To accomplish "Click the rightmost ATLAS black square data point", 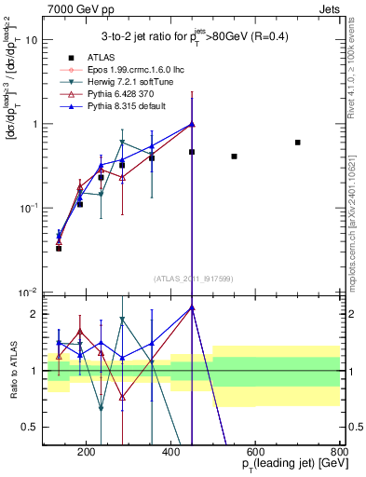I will click(x=297, y=143).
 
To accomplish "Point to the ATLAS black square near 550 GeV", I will click(x=234, y=157).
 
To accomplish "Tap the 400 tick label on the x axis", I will click(x=170, y=454).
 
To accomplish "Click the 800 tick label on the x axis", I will click(x=340, y=454).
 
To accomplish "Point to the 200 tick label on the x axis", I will click(x=86, y=454).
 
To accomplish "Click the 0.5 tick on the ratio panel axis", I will click(x=30, y=428).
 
